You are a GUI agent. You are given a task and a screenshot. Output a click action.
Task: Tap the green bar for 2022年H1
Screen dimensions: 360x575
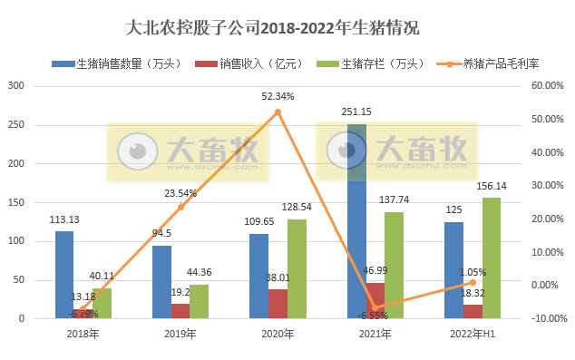click(491, 258)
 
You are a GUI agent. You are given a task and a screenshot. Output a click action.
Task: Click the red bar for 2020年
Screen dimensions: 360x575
click(278, 304)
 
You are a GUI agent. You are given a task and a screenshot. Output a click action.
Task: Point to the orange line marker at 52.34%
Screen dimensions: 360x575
click(278, 112)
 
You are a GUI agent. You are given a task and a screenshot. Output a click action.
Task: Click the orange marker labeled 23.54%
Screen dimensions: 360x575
click(180, 207)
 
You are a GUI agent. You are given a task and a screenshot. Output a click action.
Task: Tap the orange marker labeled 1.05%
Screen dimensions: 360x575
click(472, 282)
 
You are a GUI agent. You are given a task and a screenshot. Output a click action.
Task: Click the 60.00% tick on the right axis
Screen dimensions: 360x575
click(549, 86)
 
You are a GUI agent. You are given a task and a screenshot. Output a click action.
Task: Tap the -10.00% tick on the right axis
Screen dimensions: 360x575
click(549, 318)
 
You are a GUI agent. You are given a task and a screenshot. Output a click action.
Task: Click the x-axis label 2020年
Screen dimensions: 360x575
click(278, 335)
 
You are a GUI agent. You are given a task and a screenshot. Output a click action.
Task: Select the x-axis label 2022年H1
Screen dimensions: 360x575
click(472, 335)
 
